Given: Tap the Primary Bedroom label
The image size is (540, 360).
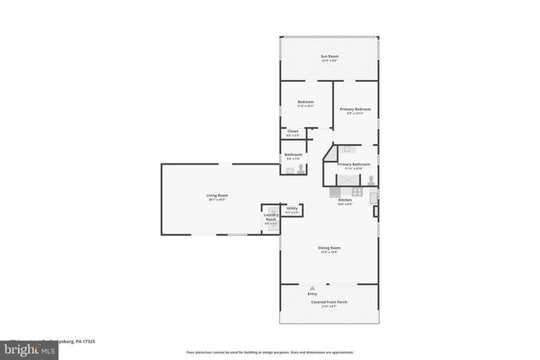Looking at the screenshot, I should pos(355,110).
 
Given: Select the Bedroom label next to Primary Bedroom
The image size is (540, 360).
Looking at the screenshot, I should pos(305,103).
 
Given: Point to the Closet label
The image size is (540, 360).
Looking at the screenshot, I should pos(293,132).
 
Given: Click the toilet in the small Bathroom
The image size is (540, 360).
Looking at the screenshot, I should pos(300,169).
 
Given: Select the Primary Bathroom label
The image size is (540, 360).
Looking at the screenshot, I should pos(354,165).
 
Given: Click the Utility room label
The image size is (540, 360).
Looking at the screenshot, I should pos(291,210).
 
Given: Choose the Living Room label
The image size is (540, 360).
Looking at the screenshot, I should pos(217,197).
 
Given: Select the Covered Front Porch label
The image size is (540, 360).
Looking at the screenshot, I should pos(328,303).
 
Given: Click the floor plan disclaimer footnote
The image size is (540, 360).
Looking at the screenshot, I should pos(270,352).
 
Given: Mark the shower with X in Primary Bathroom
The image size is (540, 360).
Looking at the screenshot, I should pos(347,180).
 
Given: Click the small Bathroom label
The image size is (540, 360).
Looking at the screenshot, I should pos(293,155).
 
